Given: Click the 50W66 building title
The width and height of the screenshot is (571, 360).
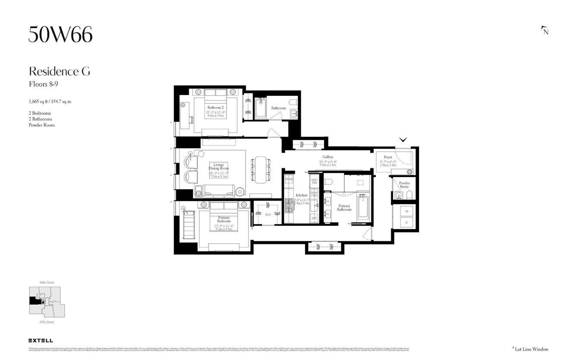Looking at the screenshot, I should (60, 35).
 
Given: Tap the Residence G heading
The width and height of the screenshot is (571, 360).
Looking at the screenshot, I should (60, 72).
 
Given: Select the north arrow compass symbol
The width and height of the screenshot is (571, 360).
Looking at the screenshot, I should (545, 30).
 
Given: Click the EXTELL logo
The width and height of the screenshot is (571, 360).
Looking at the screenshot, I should (41, 341).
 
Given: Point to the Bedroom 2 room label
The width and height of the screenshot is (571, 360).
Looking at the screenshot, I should (215, 107).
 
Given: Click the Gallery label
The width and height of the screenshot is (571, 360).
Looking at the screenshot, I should (328, 157).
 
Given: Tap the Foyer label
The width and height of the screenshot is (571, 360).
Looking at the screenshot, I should (388, 157).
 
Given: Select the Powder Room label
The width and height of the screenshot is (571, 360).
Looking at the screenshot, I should (404, 185).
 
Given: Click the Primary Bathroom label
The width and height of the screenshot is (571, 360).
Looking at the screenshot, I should (344, 208).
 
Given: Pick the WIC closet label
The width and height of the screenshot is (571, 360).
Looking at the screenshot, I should (268, 215).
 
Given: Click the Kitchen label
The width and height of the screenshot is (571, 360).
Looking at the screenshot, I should (302, 195).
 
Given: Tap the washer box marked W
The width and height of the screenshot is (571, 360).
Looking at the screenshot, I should (406, 212).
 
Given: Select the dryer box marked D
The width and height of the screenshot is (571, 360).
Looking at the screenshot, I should (406, 223).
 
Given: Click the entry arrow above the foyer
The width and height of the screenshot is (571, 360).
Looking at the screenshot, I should (403, 140).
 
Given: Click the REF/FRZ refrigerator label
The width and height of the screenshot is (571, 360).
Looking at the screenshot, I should (314, 181).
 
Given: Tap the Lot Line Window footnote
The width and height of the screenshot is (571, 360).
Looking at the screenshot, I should (530, 349).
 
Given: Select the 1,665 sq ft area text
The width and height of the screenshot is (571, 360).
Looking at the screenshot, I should (50, 102).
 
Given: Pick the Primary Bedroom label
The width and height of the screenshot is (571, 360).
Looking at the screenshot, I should (224, 219).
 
